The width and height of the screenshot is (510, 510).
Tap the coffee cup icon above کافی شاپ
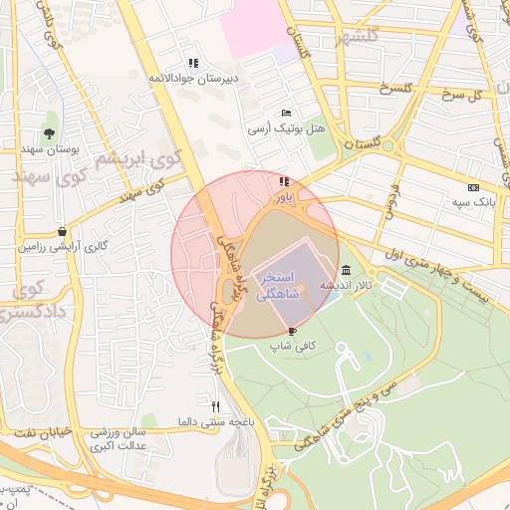[292, 331]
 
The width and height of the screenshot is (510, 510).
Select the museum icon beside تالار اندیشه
[346, 270]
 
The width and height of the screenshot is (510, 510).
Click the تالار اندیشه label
[340, 285]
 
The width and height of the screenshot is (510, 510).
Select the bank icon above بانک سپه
[473, 187]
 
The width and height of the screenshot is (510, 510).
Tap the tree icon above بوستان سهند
[49, 132]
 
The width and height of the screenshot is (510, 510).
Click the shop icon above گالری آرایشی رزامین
[62, 231]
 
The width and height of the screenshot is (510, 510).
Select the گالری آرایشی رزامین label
[62, 246]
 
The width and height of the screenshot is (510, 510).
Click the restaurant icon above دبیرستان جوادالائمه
[192, 62]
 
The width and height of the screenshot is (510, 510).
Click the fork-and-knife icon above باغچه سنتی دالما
[215, 406]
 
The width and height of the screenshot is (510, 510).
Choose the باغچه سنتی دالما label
[213, 421]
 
